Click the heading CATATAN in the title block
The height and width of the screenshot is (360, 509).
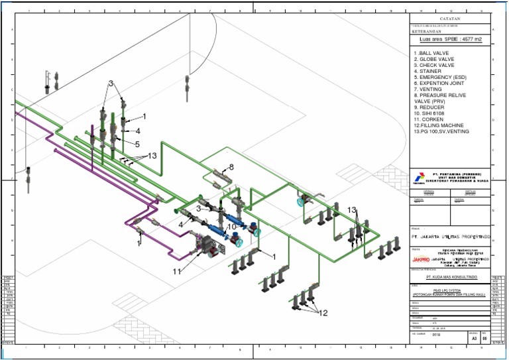tap(449, 19)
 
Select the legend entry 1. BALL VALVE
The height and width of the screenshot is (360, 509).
tap(431, 52)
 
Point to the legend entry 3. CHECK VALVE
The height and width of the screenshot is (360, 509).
tap(434, 65)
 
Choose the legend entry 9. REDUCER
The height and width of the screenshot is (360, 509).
tap(429, 107)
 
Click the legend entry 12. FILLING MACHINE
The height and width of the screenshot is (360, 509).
tap(438, 125)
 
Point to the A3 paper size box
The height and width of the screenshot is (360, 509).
tap(473, 337)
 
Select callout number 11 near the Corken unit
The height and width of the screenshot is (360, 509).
tap(178, 271)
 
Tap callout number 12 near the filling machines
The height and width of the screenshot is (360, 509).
tap(324, 313)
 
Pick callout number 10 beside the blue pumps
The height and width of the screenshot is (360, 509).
tap(232, 226)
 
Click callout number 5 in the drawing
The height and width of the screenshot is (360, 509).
tap(137, 144)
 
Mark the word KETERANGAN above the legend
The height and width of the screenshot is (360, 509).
tap(425, 31)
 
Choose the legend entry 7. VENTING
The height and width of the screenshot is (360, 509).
tap(428, 89)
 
